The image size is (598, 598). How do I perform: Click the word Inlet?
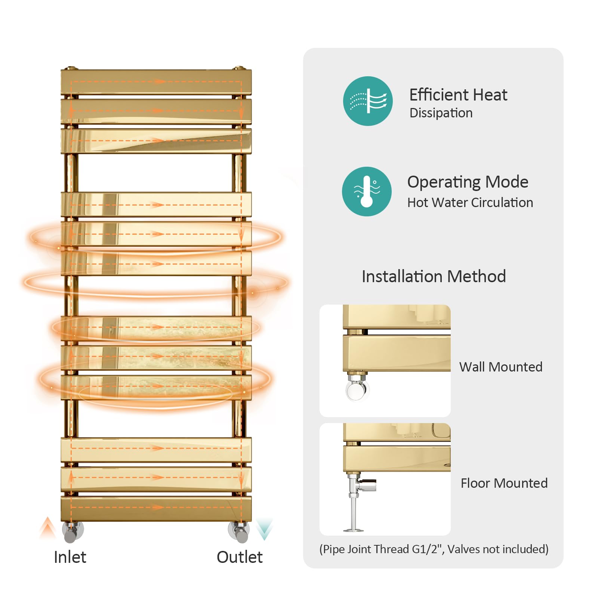[70, 557]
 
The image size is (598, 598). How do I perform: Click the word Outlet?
[240, 557]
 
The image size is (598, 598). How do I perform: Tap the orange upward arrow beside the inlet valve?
[47, 527]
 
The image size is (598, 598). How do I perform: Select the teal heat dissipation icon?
[368, 101]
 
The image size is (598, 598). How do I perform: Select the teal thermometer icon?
[367, 191]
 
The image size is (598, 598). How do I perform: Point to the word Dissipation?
[441, 113]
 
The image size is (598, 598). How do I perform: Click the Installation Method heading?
[434, 277]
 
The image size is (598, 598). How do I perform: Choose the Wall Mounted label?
[501, 367]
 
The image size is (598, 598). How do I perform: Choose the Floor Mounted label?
[504, 483]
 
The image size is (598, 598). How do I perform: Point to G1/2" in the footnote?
[428, 549]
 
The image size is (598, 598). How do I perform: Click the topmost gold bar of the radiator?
[156, 82]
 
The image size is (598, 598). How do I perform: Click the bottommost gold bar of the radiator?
[156, 508]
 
